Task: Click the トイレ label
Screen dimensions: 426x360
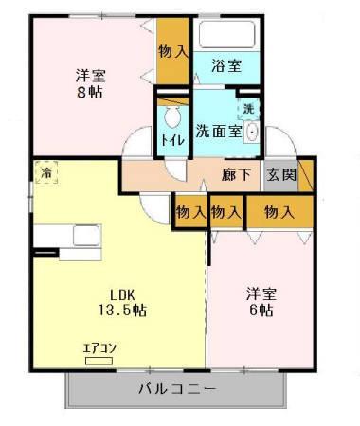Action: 172,140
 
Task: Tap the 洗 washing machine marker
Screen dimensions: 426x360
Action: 248,109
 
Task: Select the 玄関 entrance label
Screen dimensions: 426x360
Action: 280,175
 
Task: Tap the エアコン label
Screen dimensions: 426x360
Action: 99,347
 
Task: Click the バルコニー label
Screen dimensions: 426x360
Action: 177,389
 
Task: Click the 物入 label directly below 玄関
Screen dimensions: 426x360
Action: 278,213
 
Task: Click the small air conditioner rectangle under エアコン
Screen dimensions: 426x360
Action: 99,359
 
